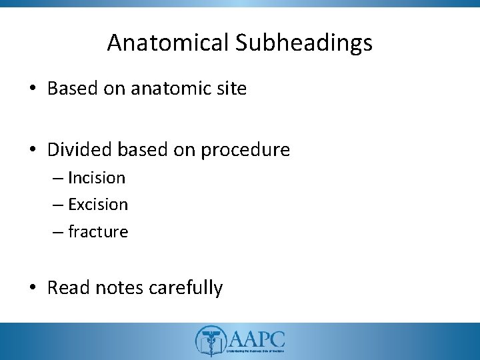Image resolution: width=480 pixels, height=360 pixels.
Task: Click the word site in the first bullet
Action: tap(231, 89)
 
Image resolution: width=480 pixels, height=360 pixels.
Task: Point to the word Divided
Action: tap(79, 150)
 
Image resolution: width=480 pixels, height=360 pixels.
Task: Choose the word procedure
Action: tap(244, 150)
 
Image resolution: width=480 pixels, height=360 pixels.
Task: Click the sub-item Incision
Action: tap(96, 178)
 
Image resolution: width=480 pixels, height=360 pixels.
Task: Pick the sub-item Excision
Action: tap(97, 205)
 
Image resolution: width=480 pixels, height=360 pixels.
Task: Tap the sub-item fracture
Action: tap(97, 231)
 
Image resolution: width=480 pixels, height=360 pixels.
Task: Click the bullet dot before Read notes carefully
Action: tap(34, 289)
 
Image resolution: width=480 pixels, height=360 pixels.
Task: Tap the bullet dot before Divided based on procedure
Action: tap(34, 151)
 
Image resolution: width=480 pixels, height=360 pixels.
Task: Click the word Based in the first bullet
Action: tap(73, 89)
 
